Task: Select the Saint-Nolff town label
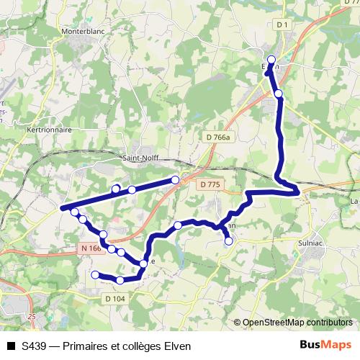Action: click(x=141, y=158)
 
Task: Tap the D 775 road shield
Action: click(x=210, y=185)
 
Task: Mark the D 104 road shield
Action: click(x=115, y=298)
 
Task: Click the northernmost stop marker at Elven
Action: click(x=271, y=60)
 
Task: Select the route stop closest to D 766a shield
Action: click(x=175, y=179)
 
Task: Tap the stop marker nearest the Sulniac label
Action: click(x=229, y=242)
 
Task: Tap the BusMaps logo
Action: click(x=325, y=346)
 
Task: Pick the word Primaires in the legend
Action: click(x=86, y=346)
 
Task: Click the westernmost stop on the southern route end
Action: click(x=95, y=274)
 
